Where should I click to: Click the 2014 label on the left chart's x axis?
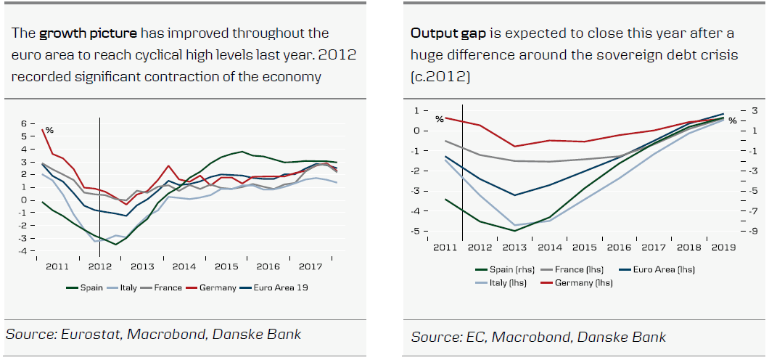click(184, 267)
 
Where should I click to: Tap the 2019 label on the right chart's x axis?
click(723, 247)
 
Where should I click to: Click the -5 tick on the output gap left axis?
click(416, 231)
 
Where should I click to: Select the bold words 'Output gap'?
click(440, 33)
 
